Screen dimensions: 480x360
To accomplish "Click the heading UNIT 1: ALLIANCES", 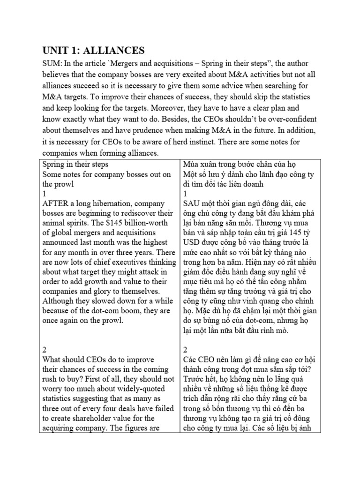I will click(94, 51).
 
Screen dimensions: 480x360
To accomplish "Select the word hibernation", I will click(116, 204).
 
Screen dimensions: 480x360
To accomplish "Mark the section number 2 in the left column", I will click(45, 349).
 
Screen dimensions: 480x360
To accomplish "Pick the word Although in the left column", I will click(60, 300).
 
